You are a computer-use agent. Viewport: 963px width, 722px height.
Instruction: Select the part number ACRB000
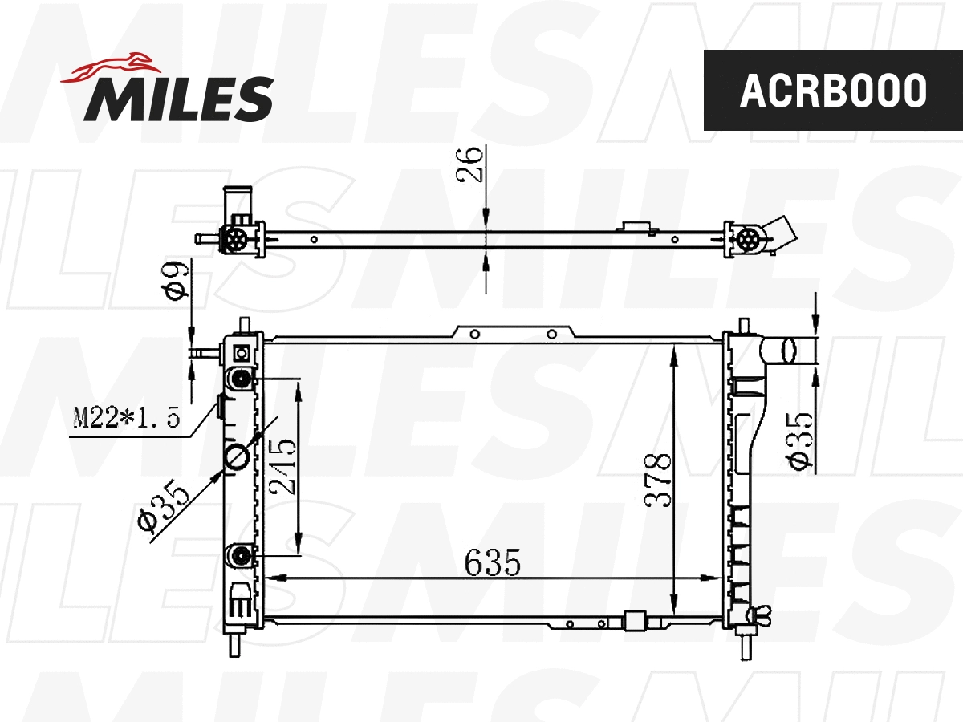point(832,91)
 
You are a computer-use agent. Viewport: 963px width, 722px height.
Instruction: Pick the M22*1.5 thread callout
point(125,417)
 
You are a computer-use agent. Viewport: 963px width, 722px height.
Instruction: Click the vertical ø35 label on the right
point(800,441)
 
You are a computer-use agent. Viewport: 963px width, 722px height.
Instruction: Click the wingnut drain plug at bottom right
point(758,616)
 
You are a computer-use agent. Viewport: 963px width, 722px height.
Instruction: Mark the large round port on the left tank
point(238,456)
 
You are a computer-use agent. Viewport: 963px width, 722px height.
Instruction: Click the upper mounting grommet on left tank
point(240,379)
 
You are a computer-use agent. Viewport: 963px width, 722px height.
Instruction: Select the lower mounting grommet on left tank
point(240,554)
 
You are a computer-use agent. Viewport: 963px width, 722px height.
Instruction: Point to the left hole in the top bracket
point(475,334)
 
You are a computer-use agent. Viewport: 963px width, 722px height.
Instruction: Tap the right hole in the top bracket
point(551,334)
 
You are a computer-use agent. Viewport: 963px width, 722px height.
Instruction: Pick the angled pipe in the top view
point(782,231)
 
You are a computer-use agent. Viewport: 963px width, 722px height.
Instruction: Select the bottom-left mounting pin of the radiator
point(234,643)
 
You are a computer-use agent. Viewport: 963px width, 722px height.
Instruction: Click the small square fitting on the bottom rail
point(635,621)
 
